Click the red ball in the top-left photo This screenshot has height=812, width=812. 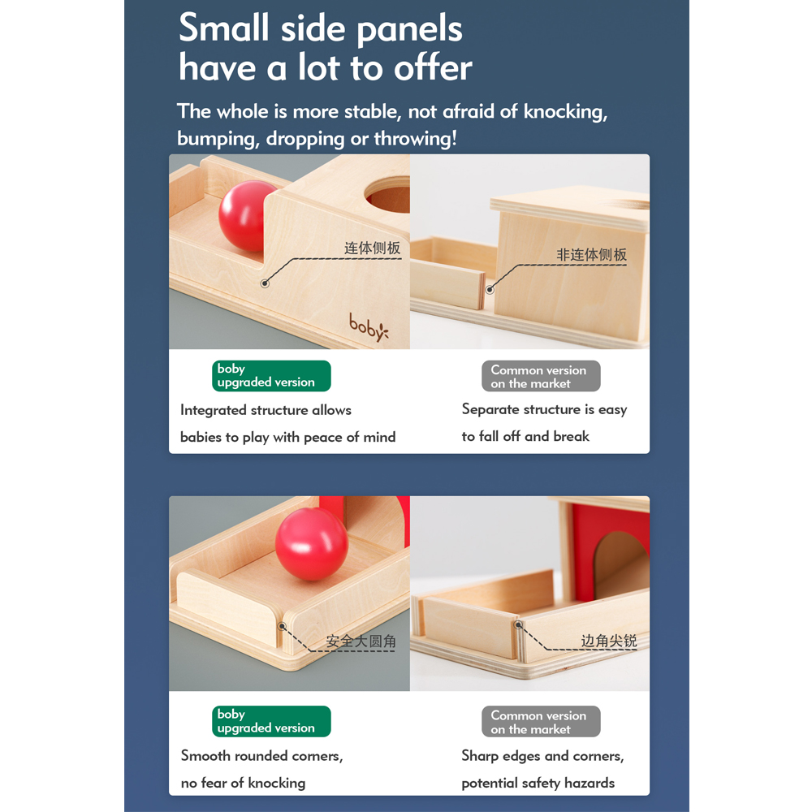pyautogui.click(x=246, y=216)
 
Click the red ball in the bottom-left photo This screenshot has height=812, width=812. pyautogui.click(x=312, y=544)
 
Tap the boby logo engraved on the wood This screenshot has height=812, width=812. pyautogui.click(x=368, y=326)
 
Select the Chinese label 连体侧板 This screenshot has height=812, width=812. pyautogui.click(x=373, y=248)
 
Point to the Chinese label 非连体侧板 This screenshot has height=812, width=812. pyautogui.click(x=591, y=254)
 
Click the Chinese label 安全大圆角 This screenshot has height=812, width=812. pyautogui.click(x=361, y=641)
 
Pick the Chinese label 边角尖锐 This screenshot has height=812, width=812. pyautogui.click(x=608, y=641)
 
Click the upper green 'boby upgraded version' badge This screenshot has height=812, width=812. pyautogui.click(x=271, y=376)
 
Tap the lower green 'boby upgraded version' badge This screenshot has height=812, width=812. pyautogui.click(x=271, y=721)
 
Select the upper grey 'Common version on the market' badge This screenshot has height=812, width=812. pyautogui.click(x=541, y=376)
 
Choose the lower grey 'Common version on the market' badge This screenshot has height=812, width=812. pyautogui.click(x=541, y=721)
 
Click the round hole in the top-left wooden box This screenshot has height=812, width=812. pyautogui.click(x=387, y=195)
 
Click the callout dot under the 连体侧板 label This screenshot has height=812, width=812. pyautogui.click(x=265, y=283)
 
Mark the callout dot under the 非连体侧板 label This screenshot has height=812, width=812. pyautogui.click(x=490, y=290)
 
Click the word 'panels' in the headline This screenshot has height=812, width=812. pyautogui.click(x=409, y=30)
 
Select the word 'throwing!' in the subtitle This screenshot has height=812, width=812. pyautogui.click(x=415, y=138)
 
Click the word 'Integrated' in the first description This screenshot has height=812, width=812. pyautogui.click(x=214, y=411)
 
